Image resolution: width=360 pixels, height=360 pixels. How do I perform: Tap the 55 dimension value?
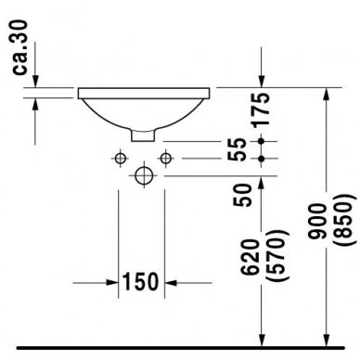pyautogui.click(x=238, y=148)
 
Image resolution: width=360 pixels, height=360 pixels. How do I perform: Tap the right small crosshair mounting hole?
pyautogui.click(x=166, y=157)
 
